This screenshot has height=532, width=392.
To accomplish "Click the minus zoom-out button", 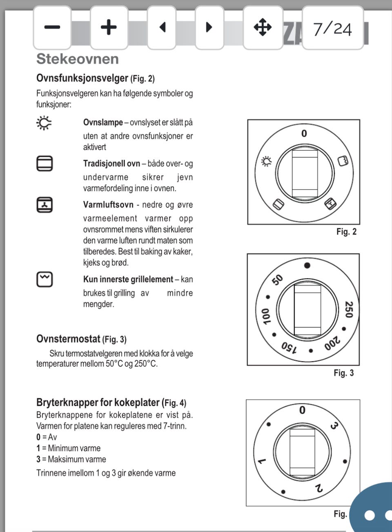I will click(x=52, y=27).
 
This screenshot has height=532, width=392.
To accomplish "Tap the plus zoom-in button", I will click(x=109, y=27).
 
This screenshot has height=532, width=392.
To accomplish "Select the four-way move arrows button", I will click(x=263, y=27).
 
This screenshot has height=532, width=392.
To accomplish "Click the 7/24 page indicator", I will click(x=332, y=29).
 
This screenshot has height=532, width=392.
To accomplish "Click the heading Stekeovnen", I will click(x=78, y=59).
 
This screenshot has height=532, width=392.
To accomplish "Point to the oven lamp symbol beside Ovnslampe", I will click(x=44, y=123).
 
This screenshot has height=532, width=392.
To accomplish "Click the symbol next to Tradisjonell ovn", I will click(x=45, y=163).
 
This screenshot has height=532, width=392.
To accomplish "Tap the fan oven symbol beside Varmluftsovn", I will click(x=45, y=205).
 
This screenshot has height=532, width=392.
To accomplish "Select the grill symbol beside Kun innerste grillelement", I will click(x=45, y=279).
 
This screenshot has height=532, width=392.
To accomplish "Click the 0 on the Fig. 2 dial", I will click(x=304, y=134).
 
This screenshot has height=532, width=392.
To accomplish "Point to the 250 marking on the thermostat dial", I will click(x=348, y=309).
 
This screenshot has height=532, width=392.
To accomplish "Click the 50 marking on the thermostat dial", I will click(x=277, y=280).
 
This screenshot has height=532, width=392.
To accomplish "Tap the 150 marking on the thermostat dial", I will click(x=289, y=348).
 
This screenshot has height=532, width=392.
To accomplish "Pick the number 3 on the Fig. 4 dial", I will click(x=334, y=426).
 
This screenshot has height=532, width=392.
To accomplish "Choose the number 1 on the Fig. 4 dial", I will click(x=261, y=461).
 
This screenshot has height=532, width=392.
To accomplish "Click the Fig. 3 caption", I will click(x=343, y=373).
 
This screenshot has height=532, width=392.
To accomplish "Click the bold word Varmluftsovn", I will click(x=108, y=205).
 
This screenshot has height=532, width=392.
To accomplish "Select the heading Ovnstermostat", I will click(x=68, y=339).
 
